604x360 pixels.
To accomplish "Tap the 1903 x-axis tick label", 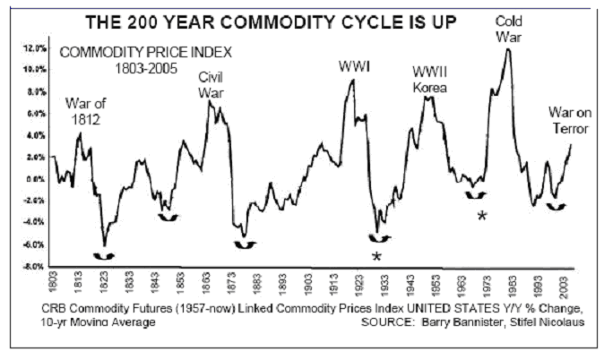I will tap(310, 285).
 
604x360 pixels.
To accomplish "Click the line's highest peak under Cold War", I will tap(508, 49).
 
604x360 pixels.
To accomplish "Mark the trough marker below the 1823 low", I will tap(105, 254).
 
